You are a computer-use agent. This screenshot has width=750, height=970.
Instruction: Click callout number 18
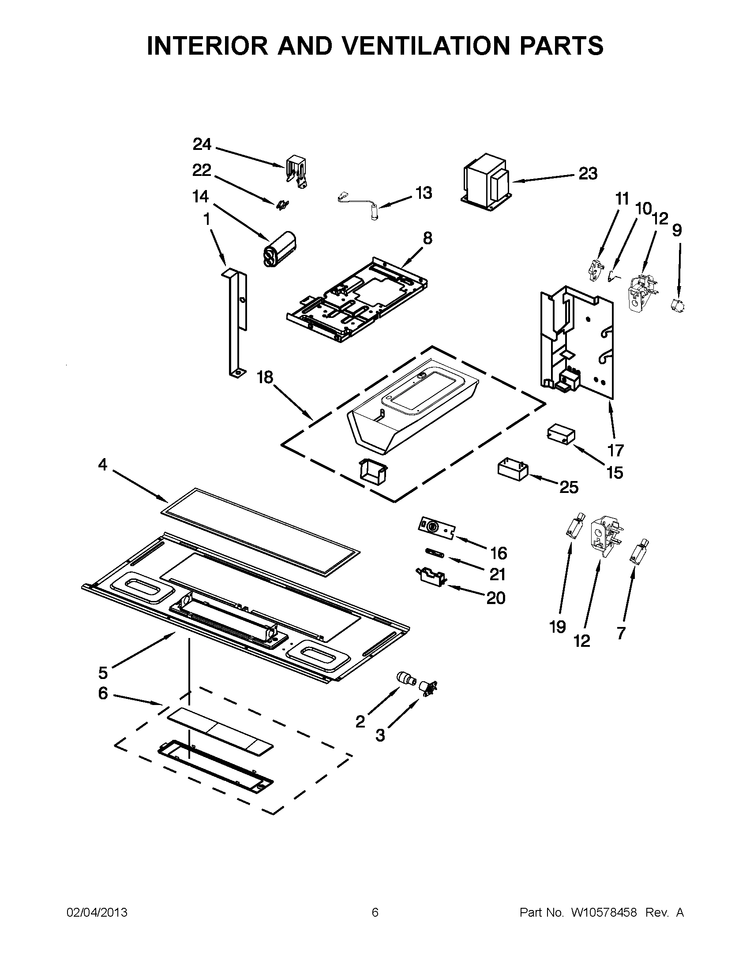[265, 377]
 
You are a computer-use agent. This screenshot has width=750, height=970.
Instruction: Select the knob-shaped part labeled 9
[677, 305]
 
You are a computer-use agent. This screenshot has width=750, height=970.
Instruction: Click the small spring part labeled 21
[435, 553]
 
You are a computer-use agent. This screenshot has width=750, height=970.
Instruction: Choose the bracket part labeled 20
[430, 577]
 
